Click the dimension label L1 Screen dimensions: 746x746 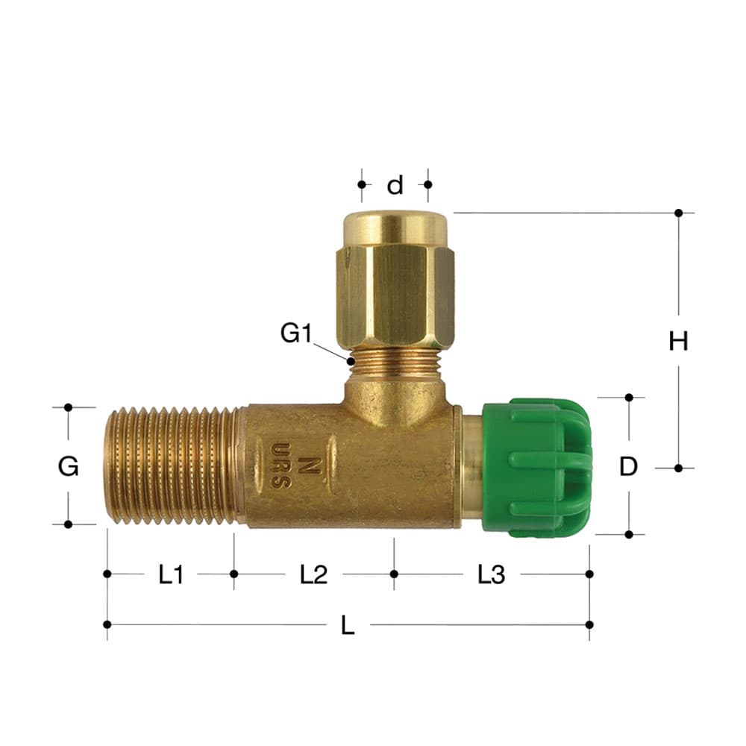tap(171, 574)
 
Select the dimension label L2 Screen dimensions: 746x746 tap(313, 574)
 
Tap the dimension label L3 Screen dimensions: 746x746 tap(491, 574)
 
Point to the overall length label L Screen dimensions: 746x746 tap(348, 625)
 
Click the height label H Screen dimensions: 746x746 tap(678, 341)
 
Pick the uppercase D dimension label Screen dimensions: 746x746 tap(628, 467)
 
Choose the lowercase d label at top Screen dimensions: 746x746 tap(395, 184)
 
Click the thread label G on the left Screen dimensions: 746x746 tap(68, 466)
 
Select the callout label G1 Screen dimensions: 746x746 tap(296, 333)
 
